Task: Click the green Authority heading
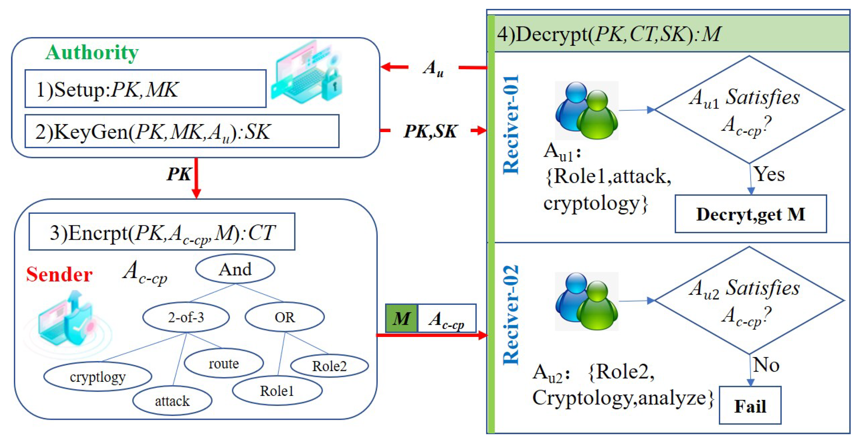coord(92,53)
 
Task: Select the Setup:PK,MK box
coord(145,89)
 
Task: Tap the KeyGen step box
coord(182,131)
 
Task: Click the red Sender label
coord(59,275)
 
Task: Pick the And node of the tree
coord(235,269)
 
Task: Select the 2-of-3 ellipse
coord(186,317)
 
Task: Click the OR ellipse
coord(285,317)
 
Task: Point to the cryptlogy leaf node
coord(98,377)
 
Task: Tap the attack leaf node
coord(172,401)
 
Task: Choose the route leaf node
coord(224,364)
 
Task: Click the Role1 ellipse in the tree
coord(277,391)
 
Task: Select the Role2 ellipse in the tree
coord(329,366)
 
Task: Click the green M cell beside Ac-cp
coord(401,318)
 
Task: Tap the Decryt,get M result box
coord(751,214)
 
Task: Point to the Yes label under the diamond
coord(769,174)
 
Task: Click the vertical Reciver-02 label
coord(511,315)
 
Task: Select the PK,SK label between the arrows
coord(431,131)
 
